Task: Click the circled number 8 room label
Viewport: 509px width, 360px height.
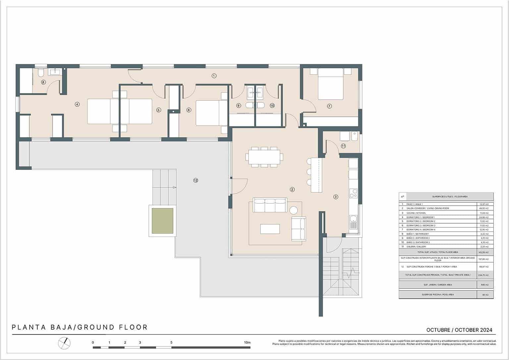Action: (43, 82)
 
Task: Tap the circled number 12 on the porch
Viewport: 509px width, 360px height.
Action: (196, 180)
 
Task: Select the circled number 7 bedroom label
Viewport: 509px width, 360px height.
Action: (329, 106)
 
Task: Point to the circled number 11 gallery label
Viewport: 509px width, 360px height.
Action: (343, 146)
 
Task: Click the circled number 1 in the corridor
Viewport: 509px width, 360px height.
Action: (214, 76)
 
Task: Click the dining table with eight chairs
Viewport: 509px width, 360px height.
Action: (264, 157)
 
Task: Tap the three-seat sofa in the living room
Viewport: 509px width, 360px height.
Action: (270, 205)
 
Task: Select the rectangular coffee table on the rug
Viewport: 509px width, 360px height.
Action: (270, 229)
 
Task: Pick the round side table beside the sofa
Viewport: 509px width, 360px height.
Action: (294, 210)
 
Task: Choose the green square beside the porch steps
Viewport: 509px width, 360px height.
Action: (162, 221)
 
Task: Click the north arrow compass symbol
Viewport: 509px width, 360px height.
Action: (65, 343)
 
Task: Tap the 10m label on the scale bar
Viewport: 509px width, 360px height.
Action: (247, 342)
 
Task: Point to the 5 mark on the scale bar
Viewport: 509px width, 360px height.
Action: (171, 342)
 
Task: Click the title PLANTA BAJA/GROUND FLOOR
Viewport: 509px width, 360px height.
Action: (80, 328)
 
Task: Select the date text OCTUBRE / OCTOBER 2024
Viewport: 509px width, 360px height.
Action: (459, 330)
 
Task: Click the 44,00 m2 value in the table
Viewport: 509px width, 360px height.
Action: (484, 208)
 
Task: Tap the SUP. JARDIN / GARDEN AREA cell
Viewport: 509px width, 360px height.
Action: (437, 285)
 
